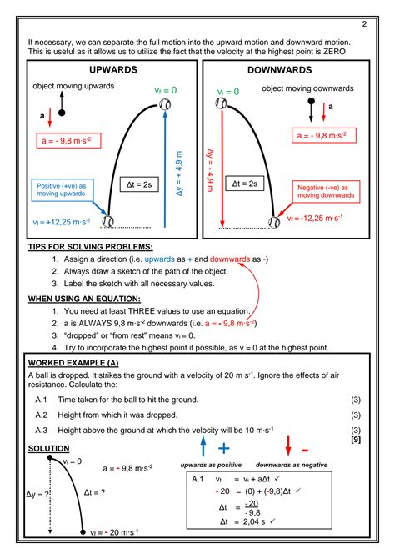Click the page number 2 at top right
[x=364, y=23]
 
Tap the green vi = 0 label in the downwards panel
[x=228, y=92]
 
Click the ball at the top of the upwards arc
[x=166, y=105]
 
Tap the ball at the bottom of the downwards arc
[x=275, y=222]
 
